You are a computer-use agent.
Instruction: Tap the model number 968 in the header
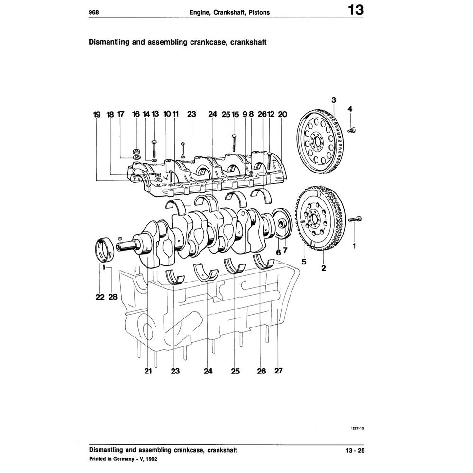[94, 13]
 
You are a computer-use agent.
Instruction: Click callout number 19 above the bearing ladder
[97, 114]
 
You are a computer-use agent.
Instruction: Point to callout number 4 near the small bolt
[350, 109]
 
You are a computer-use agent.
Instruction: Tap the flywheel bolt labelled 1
[356, 219]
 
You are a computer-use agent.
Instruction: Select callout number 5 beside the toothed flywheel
[304, 261]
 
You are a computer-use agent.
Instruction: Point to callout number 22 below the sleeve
[99, 297]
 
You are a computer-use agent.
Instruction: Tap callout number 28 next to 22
[112, 297]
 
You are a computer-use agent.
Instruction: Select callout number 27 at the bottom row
[278, 371]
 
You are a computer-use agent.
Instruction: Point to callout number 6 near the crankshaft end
[278, 252]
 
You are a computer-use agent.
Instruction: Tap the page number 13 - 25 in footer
[355, 450]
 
